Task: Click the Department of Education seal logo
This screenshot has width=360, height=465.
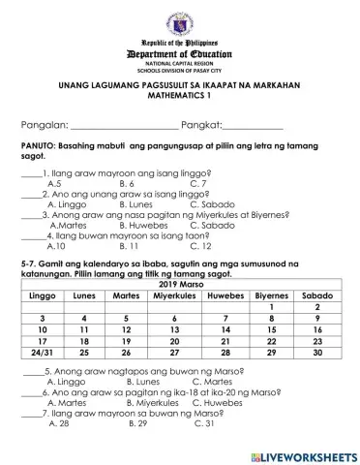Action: (179, 20)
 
